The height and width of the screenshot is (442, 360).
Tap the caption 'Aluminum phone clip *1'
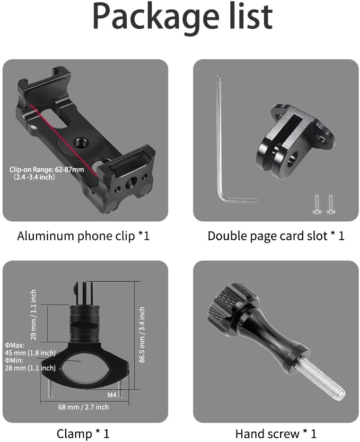click(83, 236)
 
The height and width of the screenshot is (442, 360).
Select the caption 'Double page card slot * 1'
click(276, 236)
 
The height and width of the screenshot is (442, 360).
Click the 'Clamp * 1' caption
click(83, 433)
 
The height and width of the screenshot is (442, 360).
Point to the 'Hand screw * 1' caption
click(276, 433)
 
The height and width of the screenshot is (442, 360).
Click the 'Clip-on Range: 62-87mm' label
click(46, 169)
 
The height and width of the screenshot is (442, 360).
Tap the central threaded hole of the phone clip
click(79, 142)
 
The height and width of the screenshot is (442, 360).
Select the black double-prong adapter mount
click(295, 141)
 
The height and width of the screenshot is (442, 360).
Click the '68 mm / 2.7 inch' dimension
click(84, 407)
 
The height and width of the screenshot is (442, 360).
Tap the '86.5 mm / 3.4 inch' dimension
click(141, 335)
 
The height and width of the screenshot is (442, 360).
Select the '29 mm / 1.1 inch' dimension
click(33, 314)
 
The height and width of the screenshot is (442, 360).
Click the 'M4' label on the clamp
click(112, 395)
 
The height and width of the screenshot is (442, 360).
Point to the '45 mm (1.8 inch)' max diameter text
click(30, 353)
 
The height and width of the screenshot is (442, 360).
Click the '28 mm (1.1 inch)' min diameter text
click(30, 368)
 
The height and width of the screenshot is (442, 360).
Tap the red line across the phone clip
click(63, 140)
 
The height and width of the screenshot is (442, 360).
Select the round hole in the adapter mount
click(293, 159)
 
